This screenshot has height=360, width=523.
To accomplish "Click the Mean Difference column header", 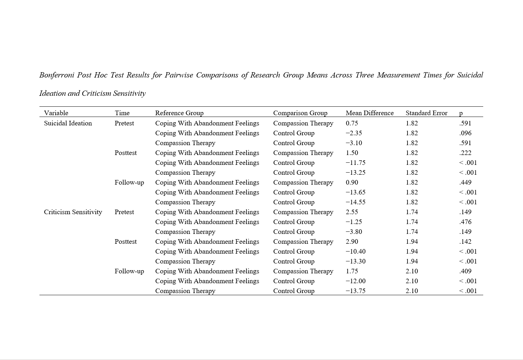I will [369, 113].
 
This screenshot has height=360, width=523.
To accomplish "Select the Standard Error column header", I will [426, 113].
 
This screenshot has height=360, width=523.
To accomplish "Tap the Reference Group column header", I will [179, 113].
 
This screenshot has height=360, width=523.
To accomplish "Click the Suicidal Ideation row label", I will [68, 123].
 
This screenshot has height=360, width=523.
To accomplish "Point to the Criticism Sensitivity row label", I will [73, 212].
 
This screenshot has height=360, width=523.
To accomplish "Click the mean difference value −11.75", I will [355, 163].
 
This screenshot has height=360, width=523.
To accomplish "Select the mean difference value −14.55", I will [355, 202].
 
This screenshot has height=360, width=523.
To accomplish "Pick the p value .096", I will [465, 133].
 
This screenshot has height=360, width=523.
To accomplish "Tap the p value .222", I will [465, 153].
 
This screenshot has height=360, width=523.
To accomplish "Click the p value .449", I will [465, 182].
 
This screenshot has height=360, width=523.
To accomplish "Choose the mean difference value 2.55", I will [352, 212].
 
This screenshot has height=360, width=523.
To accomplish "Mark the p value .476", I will [465, 222].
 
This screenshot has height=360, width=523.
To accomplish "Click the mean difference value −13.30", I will [355, 261].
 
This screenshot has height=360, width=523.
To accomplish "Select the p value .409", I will [465, 271].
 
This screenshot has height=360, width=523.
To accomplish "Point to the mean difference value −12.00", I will [355, 281].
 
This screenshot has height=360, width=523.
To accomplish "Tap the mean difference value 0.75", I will [352, 123].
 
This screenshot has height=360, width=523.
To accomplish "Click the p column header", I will [461, 113].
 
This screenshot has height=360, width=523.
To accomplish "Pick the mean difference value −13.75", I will [355, 291].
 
